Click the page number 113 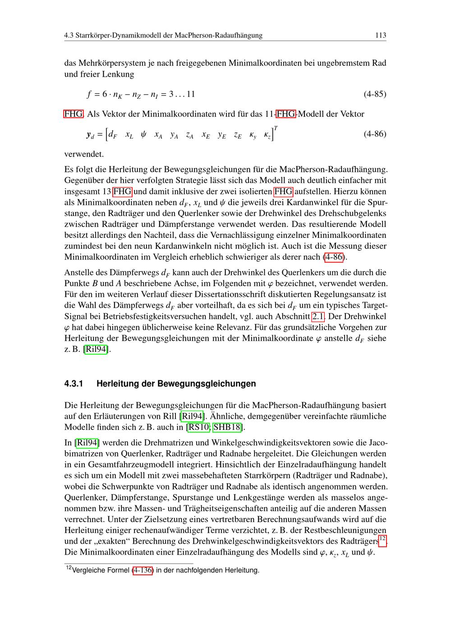[381, 35]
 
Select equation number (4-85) [375, 94]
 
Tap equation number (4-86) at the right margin [375, 134]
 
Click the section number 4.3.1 [74, 384]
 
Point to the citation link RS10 [199, 427]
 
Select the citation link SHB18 [227, 427]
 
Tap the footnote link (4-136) [143, 570]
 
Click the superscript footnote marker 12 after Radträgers [382, 538]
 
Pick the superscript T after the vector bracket [276, 129]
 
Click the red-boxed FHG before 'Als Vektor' [73, 114]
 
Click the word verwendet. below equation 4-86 [84, 154]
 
